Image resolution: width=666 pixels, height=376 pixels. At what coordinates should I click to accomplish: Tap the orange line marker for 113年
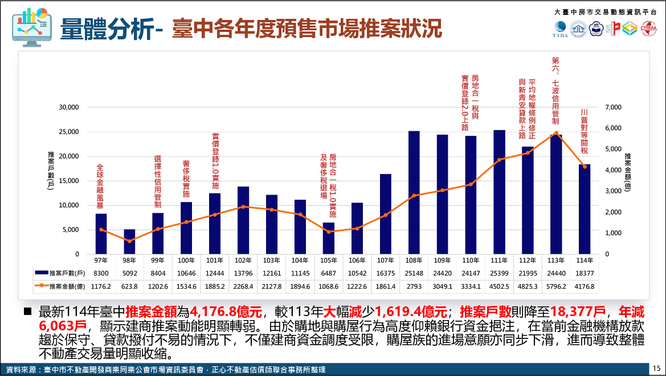[556, 133]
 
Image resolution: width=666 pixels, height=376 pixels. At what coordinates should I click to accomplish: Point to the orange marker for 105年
[329, 232]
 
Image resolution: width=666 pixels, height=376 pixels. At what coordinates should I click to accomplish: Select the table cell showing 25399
[499, 273]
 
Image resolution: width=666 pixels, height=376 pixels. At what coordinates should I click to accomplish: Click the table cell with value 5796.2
[556, 286]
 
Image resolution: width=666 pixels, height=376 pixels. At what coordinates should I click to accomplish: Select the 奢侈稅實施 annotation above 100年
[186, 179]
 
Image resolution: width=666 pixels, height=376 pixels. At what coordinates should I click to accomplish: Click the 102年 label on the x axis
[243, 260]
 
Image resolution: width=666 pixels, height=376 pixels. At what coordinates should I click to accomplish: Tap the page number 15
[657, 368]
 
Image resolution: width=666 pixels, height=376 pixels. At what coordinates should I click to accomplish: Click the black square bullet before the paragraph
[27, 312]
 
